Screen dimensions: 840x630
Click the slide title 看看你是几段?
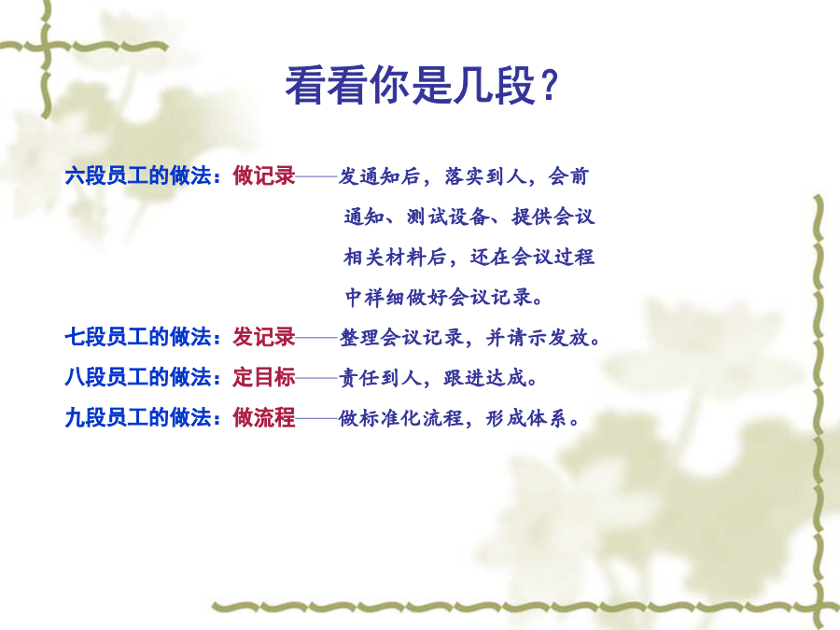422,86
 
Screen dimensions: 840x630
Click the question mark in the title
549,86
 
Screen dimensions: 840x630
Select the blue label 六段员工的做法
138,175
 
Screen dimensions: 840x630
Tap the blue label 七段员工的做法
138,337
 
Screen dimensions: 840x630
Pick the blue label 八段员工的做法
138,377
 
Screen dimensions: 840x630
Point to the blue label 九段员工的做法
138,417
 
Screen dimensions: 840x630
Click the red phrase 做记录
263,175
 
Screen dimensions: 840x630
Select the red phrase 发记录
263,337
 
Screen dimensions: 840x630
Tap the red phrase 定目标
263,377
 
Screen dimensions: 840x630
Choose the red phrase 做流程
263,417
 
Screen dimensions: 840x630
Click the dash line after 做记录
316,176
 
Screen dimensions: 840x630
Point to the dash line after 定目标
316,378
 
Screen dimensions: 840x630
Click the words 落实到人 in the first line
485,176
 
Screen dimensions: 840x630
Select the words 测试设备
448,217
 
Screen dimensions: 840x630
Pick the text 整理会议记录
401,338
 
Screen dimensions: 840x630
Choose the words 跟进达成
485,378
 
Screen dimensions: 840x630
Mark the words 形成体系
526,418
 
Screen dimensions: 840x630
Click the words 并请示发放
538,338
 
